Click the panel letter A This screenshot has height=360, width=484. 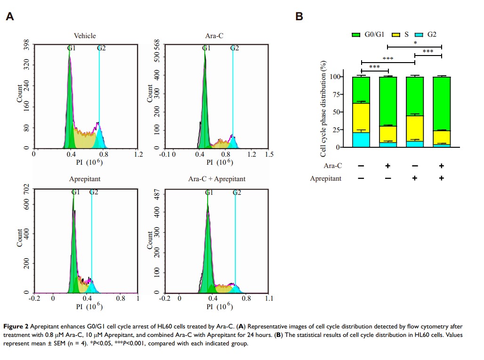click(9, 17)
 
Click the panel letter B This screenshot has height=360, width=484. click(299, 16)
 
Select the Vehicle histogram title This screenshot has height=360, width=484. click(85, 36)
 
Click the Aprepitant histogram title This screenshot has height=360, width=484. click(85, 179)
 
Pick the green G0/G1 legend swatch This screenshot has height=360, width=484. click(356, 35)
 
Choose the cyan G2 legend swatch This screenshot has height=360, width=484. click(419, 35)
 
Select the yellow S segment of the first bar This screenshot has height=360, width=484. click(361, 118)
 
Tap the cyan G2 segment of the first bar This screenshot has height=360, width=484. click(361, 140)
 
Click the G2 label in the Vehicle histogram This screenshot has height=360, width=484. click(101, 48)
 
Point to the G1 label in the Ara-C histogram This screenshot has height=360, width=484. click(206, 48)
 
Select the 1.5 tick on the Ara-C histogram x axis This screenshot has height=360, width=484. click(269, 154)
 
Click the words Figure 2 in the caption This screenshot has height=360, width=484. click(15, 327)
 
